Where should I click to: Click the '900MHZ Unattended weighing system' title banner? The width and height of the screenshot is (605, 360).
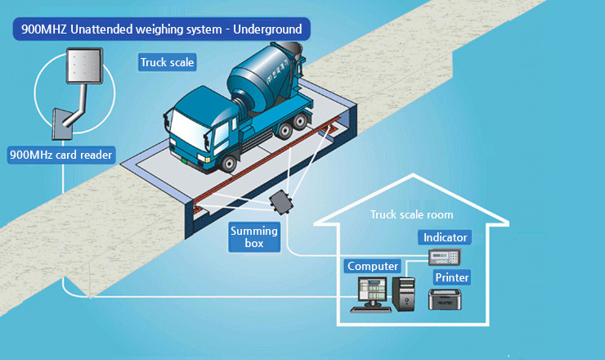coord(161,30)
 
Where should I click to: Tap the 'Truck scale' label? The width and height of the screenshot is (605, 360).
coord(168,62)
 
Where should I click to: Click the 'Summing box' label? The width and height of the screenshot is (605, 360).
coord(254,237)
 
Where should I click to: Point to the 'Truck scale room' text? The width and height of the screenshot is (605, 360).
coord(411,214)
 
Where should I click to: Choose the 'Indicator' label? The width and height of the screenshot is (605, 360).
coord(446,237)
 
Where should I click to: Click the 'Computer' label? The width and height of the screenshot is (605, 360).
coord(373,266)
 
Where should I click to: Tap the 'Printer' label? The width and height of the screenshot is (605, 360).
coord(451,277)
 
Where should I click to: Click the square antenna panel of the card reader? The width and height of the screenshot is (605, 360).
coord(84,65)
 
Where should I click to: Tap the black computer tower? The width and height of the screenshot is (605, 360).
coord(404,294)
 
